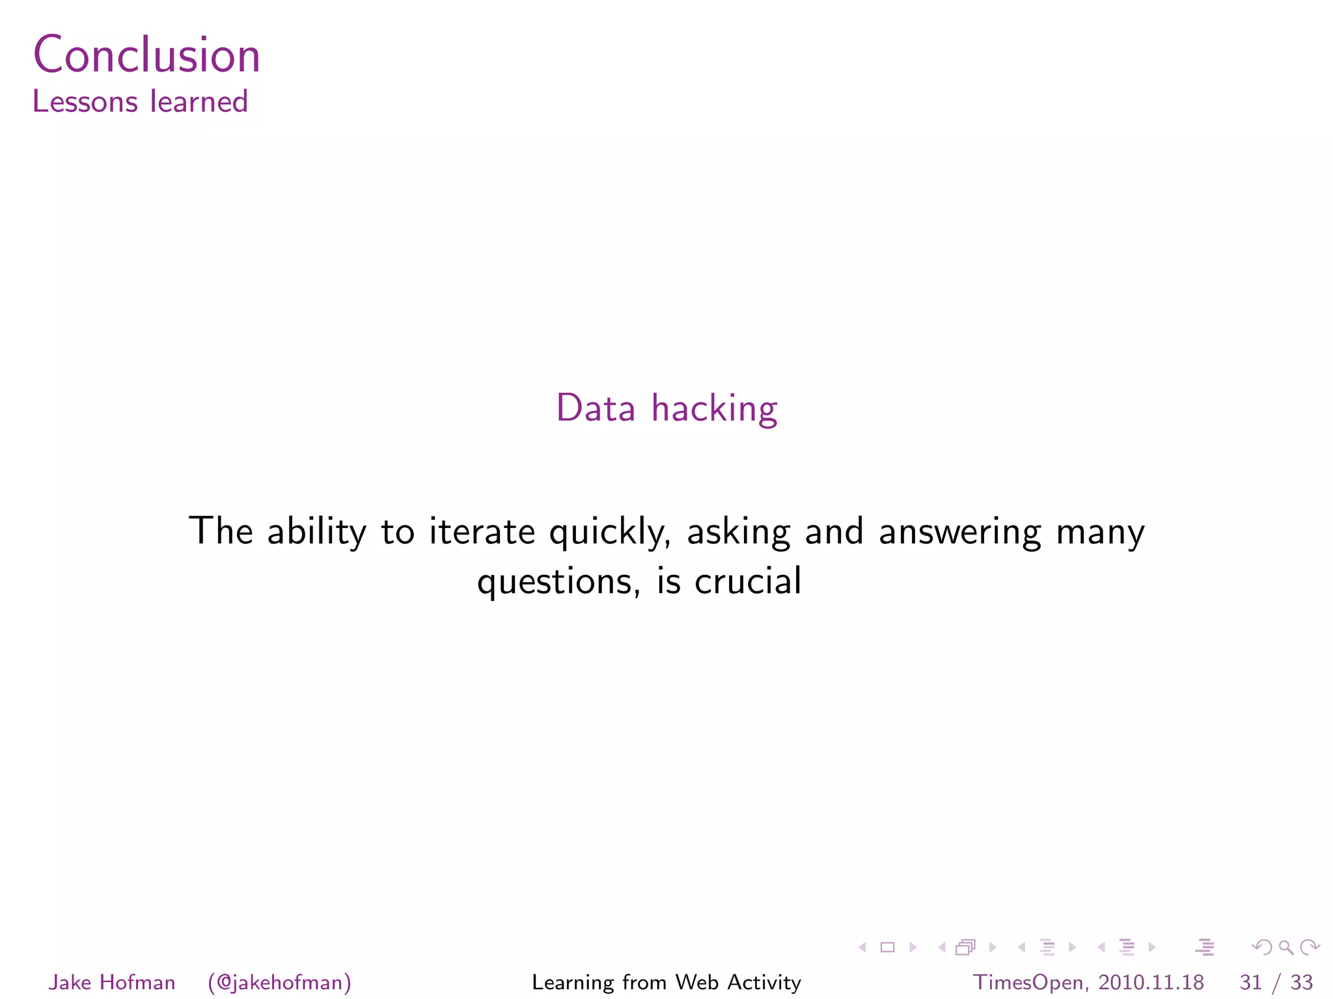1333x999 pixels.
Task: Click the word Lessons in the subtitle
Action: [x=85, y=102]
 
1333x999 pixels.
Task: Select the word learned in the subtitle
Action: [x=199, y=102]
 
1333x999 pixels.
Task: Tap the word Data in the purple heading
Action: [x=596, y=408]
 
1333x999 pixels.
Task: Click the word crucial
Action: [x=748, y=581]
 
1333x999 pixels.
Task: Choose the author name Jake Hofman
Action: [x=112, y=982]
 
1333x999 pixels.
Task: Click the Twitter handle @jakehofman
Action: [x=280, y=982]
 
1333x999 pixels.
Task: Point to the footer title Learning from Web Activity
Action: [x=666, y=982]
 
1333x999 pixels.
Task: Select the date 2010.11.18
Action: [x=1151, y=982]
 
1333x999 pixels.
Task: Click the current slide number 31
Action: [x=1250, y=982]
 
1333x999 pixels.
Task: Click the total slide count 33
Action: [x=1301, y=982]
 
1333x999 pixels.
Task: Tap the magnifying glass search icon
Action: [x=1285, y=948]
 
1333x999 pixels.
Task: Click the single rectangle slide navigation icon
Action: [x=887, y=948]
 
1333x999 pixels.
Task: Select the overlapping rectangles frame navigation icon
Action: [x=966, y=948]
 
